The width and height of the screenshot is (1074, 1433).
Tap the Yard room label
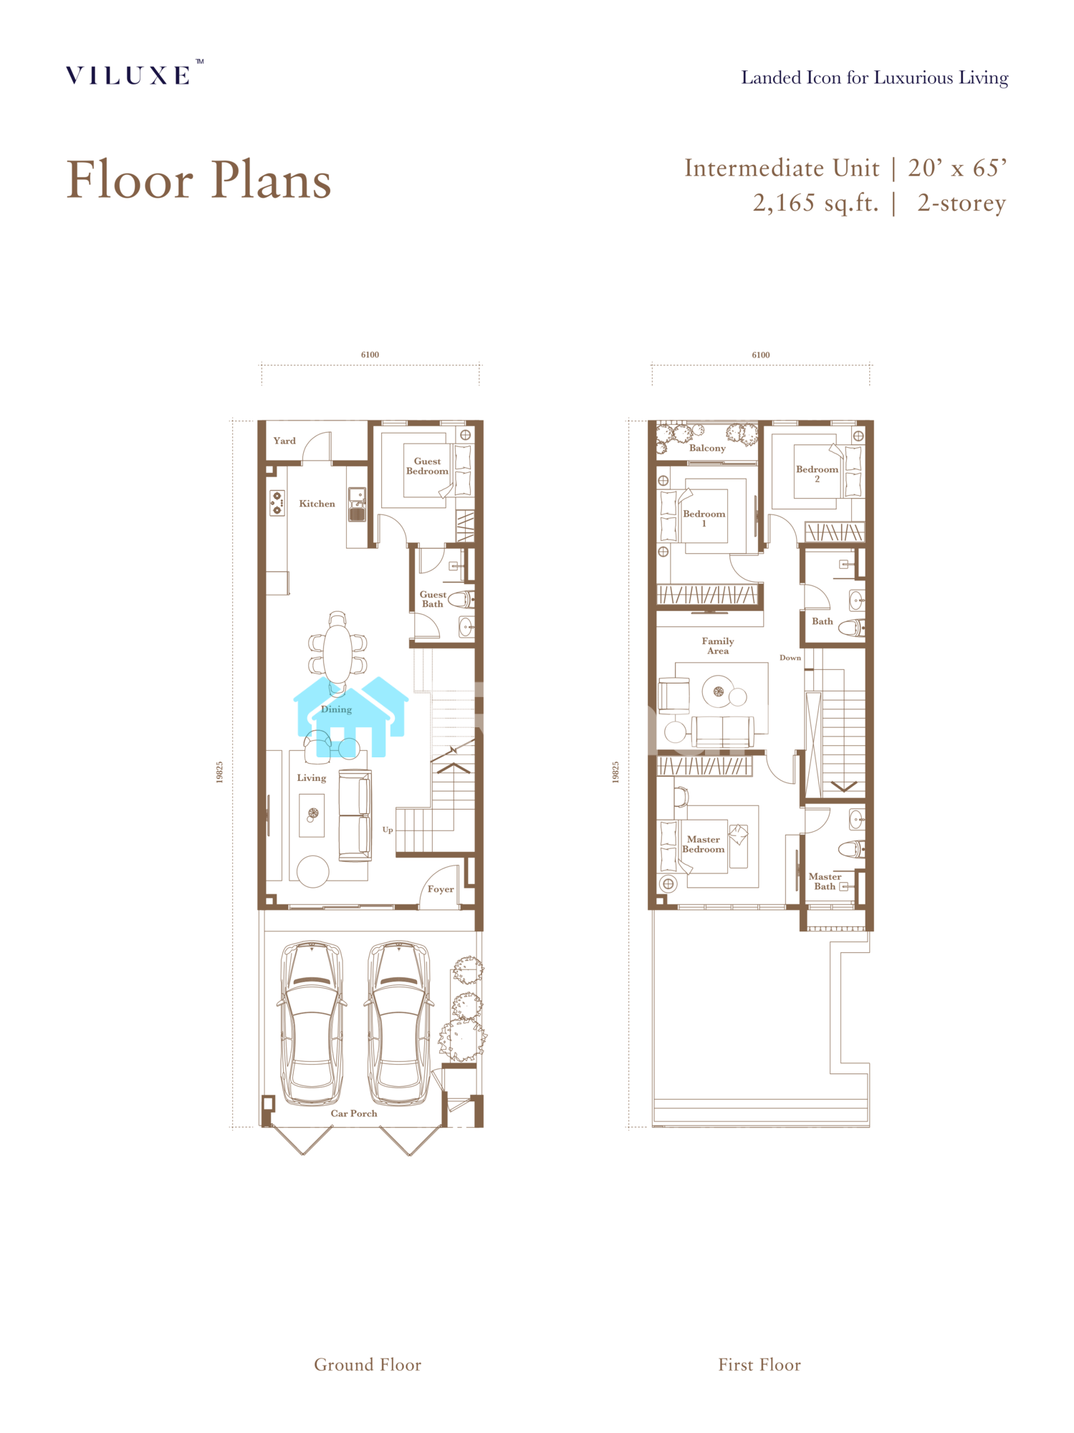284,441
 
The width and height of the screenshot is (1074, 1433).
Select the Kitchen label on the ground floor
317,504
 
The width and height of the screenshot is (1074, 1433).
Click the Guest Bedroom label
427,466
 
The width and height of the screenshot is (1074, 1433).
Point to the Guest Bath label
433,599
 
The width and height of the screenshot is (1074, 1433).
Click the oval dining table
337,653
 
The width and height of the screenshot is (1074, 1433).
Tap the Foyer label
441,889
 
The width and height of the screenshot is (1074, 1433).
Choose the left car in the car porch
312,1022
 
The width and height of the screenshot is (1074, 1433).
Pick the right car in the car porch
399,1022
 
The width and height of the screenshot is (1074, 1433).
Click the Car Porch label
354,1113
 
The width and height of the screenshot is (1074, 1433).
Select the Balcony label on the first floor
707,448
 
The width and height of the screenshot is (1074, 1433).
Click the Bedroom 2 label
817,474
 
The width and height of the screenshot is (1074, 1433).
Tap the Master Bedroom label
703,844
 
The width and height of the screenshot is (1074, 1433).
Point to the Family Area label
718,646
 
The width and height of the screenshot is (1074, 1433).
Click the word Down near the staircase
790,658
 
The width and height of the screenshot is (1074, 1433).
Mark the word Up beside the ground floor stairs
388,830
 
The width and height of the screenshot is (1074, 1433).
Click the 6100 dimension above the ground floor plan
370,355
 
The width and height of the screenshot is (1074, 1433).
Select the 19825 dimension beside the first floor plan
615,772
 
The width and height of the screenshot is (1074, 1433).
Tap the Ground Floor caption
368,1365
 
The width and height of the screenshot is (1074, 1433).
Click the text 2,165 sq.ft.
815,203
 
